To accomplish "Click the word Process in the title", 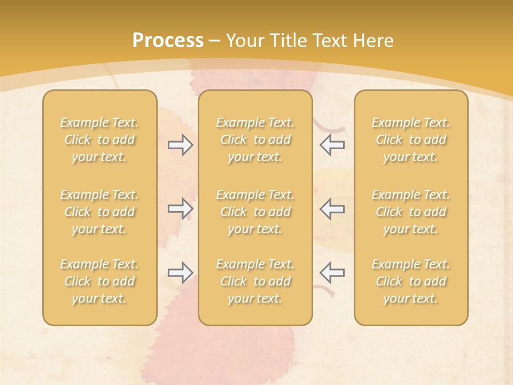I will (168, 41).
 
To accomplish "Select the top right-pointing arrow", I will (181, 145).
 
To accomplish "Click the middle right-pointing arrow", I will (181, 209).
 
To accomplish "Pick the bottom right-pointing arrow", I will (181, 273).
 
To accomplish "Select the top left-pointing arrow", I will (332, 145).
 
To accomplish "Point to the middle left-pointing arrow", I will (332, 209).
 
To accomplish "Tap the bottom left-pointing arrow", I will (332, 273).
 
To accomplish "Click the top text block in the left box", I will (99, 140).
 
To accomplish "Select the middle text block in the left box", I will (99, 212).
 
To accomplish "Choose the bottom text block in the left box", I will (99, 281).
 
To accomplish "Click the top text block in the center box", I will (255, 140).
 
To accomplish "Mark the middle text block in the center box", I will (255, 212).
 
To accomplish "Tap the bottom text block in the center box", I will (255, 281).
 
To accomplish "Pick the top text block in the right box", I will (410, 140).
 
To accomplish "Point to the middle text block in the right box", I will (410, 212).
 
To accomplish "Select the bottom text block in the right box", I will (410, 281).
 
